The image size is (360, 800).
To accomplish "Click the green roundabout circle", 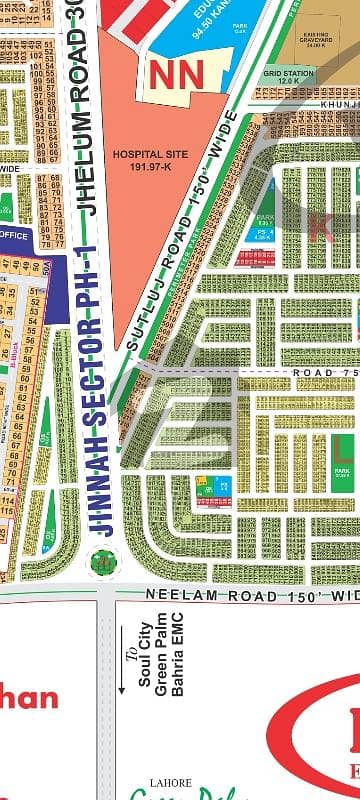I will (101, 563).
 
